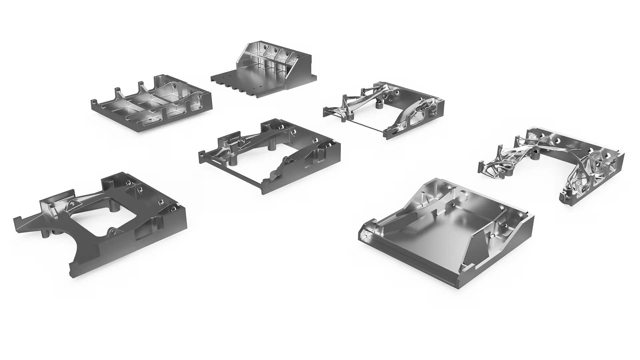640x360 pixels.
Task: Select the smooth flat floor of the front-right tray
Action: (433, 233)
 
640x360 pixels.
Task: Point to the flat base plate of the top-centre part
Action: (253, 77)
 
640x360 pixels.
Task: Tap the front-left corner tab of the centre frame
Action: (201, 155)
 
